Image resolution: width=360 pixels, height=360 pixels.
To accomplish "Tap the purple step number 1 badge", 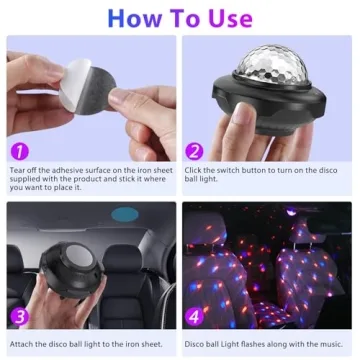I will (18, 150).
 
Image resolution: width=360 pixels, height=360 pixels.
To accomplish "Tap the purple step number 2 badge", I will (194, 150).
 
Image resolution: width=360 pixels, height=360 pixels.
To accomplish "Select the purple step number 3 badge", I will (18, 317).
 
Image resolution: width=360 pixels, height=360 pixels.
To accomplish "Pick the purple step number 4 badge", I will (194, 317).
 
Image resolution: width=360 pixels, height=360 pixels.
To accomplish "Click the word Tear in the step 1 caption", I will (18, 169).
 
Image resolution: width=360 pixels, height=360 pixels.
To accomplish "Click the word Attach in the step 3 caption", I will (22, 344).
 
